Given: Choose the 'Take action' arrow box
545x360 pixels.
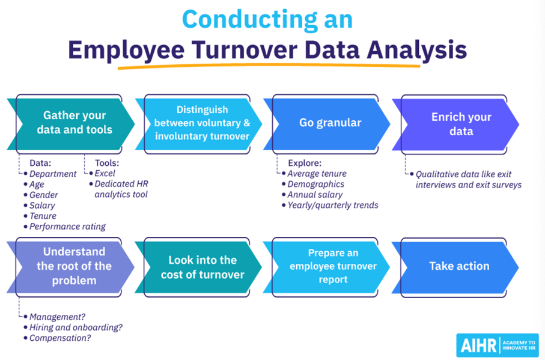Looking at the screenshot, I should click(x=458, y=266).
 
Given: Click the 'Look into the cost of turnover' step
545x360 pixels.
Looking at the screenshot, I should click(x=202, y=267).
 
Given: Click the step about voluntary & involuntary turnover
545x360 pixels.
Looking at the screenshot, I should click(x=202, y=123).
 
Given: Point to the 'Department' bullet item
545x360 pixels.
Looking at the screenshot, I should click(x=53, y=174).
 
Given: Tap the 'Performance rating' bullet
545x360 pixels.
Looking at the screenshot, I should click(x=67, y=227).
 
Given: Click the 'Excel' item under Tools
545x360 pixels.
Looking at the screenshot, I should click(x=105, y=174).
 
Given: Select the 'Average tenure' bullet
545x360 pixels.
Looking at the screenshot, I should click(x=317, y=174).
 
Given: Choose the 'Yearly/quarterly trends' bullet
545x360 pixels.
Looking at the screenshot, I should click(x=333, y=205).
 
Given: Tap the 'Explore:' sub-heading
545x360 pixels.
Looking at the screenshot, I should click(x=304, y=163).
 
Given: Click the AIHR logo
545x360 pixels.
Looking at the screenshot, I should click(x=497, y=345).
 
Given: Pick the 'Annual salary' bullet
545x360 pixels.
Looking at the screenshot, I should click(x=315, y=195).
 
